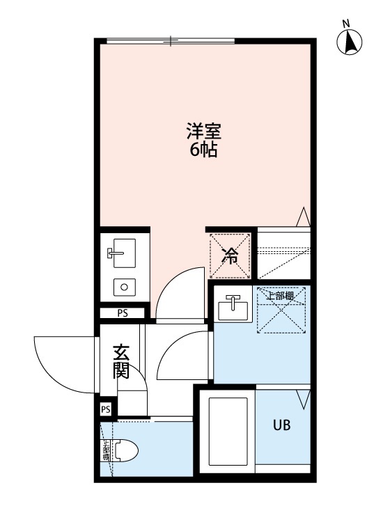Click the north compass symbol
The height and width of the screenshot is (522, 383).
pos(350,42)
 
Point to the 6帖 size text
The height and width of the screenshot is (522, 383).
pos(203,150)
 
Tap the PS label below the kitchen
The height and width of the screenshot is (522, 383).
pos(123,313)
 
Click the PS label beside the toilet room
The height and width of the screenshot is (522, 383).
pos(106,409)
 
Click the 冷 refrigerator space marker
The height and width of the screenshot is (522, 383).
pos(230,255)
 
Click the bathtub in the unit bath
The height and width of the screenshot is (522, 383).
pos(228,432)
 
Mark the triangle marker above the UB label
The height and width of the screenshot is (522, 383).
pos(302,400)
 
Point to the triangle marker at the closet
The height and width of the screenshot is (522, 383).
pos(303,216)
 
